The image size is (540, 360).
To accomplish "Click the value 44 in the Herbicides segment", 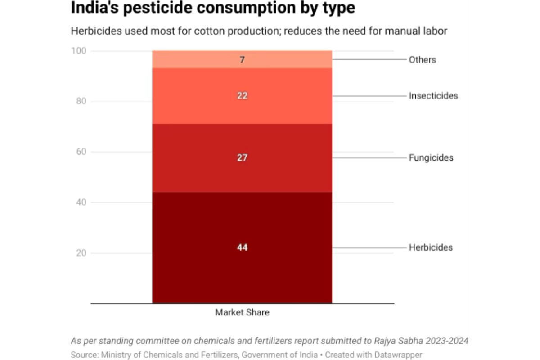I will click(x=242, y=247).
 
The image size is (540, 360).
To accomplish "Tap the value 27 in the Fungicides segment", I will click(x=242, y=158).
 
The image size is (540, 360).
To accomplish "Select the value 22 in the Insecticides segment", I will click(x=242, y=96).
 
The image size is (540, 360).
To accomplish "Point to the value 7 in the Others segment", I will click(x=242, y=59).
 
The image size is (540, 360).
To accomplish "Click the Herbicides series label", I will click(x=431, y=247).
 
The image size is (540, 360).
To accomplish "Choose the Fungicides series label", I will click(x=431, y=158).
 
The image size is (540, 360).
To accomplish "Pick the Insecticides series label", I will click(x=433, y=96).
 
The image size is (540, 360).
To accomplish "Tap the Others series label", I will click(x=422, y=60).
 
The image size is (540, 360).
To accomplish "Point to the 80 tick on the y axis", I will click(x=81, y=101).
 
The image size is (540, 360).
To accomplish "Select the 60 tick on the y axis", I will click(x=81, y=152).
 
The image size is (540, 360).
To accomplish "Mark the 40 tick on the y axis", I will click(x=81, y=202).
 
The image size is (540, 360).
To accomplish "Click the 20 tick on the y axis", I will click(x=81, y=253).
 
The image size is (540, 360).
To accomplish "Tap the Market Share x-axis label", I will click(x=242, y=312).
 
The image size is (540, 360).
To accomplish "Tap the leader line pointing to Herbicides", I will click(x=369, y=247).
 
